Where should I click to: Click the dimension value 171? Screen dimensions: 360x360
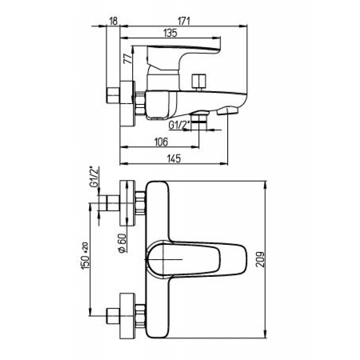[184, 21]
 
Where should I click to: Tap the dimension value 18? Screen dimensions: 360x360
[113, 21]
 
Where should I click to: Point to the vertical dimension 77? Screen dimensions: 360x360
[128, 58]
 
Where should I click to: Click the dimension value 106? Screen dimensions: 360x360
[161, 142]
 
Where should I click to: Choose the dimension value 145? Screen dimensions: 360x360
[173, 159]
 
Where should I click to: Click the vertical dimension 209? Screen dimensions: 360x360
[261, 260]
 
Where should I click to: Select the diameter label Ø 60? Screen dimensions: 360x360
[123, 243]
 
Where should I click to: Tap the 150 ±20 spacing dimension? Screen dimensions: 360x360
[85, 256]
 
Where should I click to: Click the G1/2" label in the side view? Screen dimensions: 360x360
[179, 125]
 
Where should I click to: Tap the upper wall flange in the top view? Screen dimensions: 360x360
[127, 203]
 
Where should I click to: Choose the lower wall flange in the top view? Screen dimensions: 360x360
[127, 316]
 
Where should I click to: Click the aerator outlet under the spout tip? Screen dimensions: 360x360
[228, 112]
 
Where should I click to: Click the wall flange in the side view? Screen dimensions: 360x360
[127, 103]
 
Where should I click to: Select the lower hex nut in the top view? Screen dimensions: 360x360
[140, 316]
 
